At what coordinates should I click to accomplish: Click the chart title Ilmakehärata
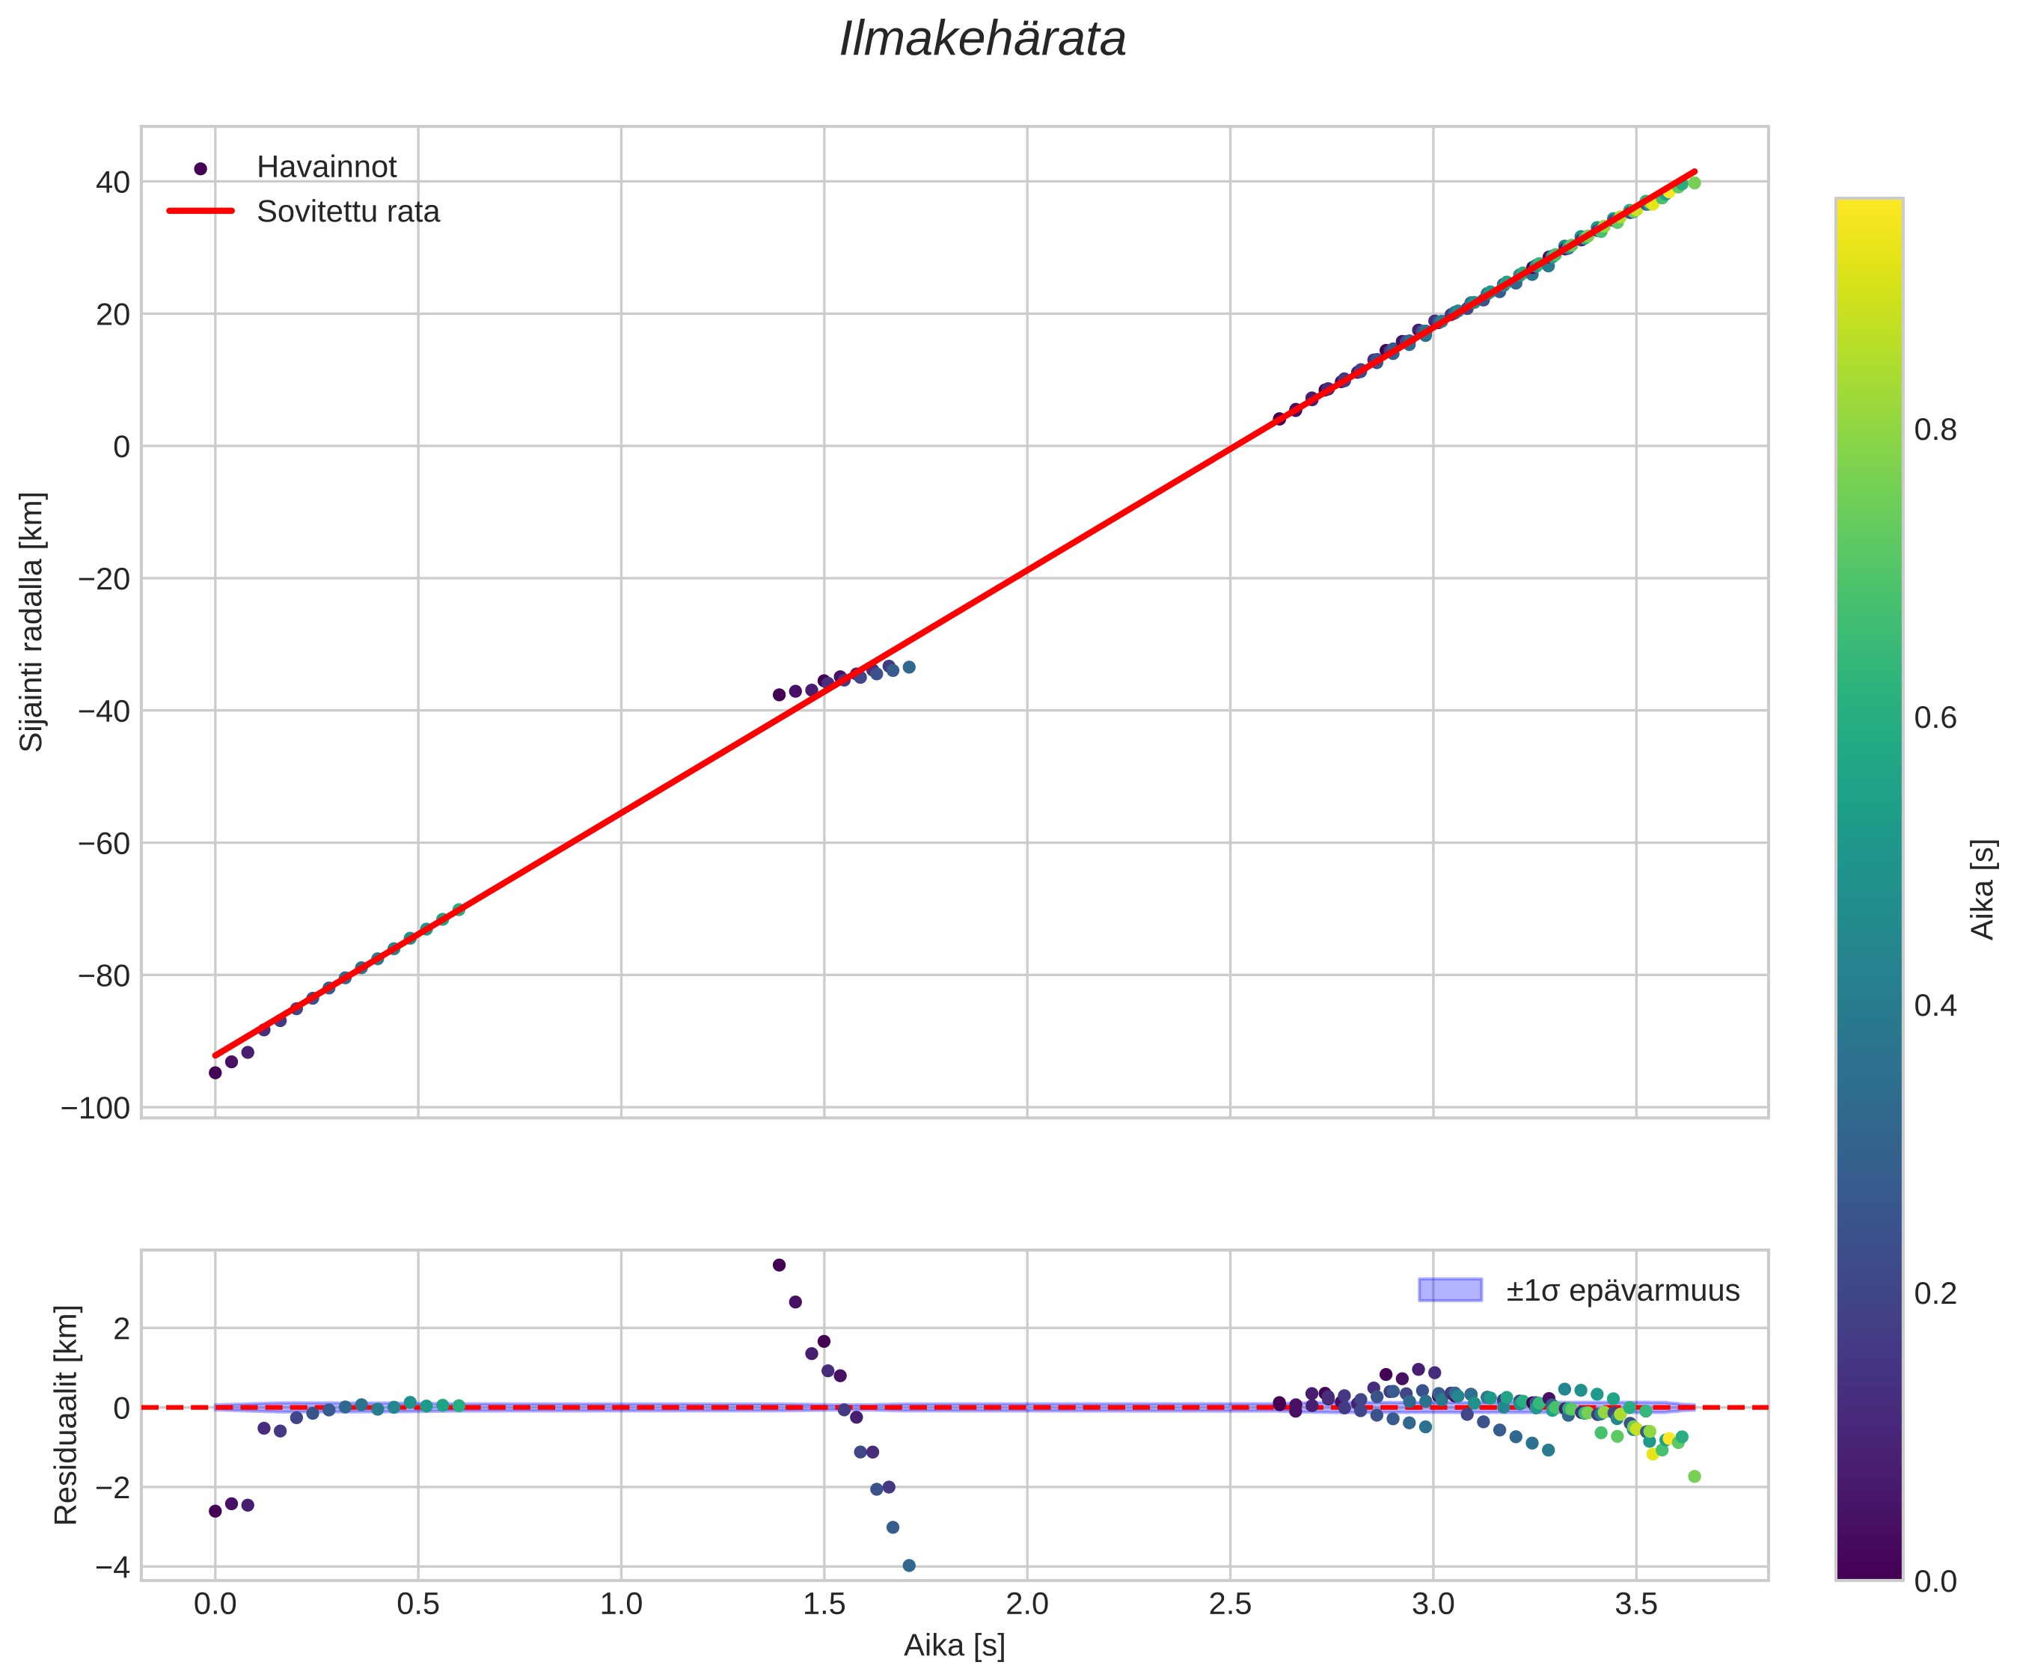coord(982,40)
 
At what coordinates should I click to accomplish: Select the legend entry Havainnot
coord(325,167)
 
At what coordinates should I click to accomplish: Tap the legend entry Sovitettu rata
coord(348,212)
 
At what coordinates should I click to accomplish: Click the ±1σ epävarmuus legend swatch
coord(1449,1290)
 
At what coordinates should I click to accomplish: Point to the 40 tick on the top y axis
coord(112,183)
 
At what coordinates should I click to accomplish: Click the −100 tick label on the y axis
coord(95,1109)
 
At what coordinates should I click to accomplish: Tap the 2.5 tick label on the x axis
coord(1231,1604)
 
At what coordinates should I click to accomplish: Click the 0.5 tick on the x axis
coord(417,1604)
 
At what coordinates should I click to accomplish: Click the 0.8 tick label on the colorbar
coord(1935,430)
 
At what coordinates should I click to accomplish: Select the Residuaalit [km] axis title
coord(65,1415)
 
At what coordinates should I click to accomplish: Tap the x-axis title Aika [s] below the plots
coord(954,1646)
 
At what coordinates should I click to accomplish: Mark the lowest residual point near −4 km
coord(908,1566)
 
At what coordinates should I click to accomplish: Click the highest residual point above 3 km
coord(779,1265)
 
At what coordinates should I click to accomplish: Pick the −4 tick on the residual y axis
coord(112,1566)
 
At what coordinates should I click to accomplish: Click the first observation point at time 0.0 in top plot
coord(215,1073)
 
